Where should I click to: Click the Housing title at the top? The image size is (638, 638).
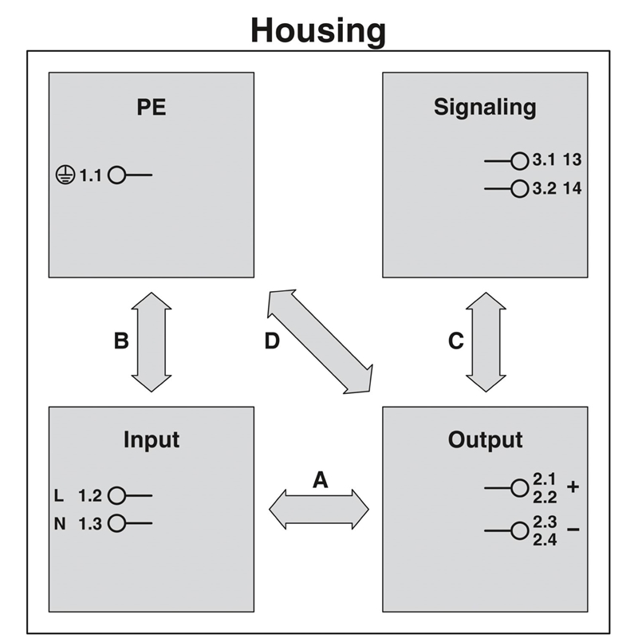point(318,30)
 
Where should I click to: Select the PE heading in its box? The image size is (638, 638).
point(152,107)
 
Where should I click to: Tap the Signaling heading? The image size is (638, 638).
point(485,107)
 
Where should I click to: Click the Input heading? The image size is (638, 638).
point(152,439)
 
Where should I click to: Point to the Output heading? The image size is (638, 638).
point(485,439)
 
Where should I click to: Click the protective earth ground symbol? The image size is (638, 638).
point(65,175)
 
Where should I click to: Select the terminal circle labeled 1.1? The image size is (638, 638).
point(117,175)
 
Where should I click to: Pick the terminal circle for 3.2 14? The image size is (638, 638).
point(520,189)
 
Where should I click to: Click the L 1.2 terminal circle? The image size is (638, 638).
point(117,495)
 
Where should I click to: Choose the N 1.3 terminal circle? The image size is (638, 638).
point(117,523)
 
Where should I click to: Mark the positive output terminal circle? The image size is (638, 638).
point(520,486)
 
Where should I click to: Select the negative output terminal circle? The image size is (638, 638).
point(520,530)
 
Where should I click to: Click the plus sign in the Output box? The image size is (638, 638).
point(572,486)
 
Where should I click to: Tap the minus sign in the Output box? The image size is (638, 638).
point(572,530)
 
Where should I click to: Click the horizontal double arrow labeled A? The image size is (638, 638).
point(319,509)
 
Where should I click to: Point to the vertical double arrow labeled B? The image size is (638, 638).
point(152,341)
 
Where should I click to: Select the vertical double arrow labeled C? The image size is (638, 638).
point(486,341)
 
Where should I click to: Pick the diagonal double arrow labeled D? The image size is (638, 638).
point(320,341)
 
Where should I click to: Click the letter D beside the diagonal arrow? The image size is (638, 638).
point(272,341)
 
